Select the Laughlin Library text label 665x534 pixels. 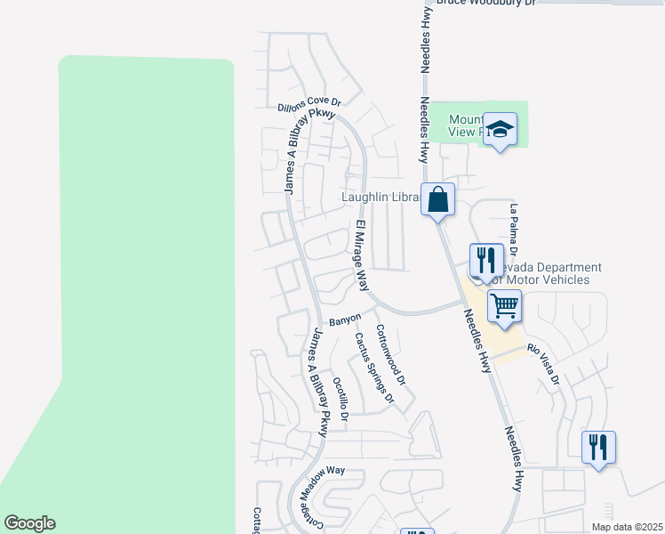[x=381, y=197]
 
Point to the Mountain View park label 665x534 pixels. [x=467, y=125]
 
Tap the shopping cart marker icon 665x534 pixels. [x=504, y=306]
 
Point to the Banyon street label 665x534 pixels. [x=345, y=319]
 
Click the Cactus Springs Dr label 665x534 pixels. [x=373, y=368]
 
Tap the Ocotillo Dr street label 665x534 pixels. [x=341, y=396]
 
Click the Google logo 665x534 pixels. [x=29, y=523]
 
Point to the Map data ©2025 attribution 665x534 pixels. [x=626, y=527]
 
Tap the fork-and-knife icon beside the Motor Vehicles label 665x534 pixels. [x=485, y=259]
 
